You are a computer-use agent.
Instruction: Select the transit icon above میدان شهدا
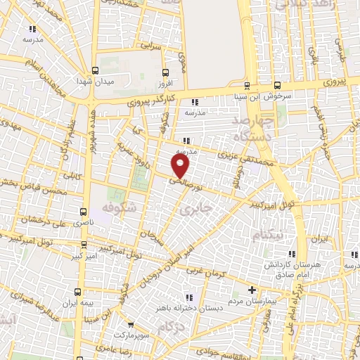(95, 70)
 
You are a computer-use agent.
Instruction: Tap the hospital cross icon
(252, 290)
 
